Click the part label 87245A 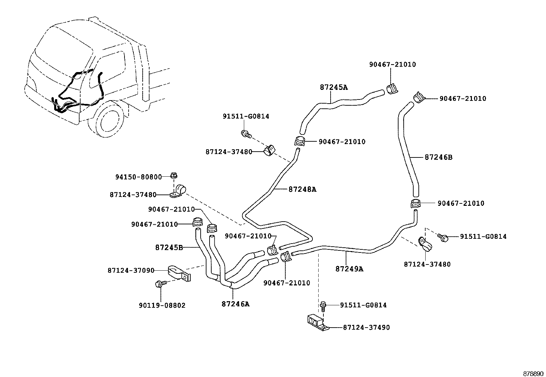click(x=333, y=87)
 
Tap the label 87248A click(x=302, y=189)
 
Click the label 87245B click(x=169, y=247)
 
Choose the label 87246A click(x=235, y=304)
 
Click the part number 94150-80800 click(x=138, y=177)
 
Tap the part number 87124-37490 click(x=366, y=328)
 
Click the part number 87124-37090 click(x=131, y=271)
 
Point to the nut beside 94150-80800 click(x=174, y=176)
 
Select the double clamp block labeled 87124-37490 click(x=316, y=322)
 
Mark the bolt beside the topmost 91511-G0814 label click(x=246, y=134)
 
